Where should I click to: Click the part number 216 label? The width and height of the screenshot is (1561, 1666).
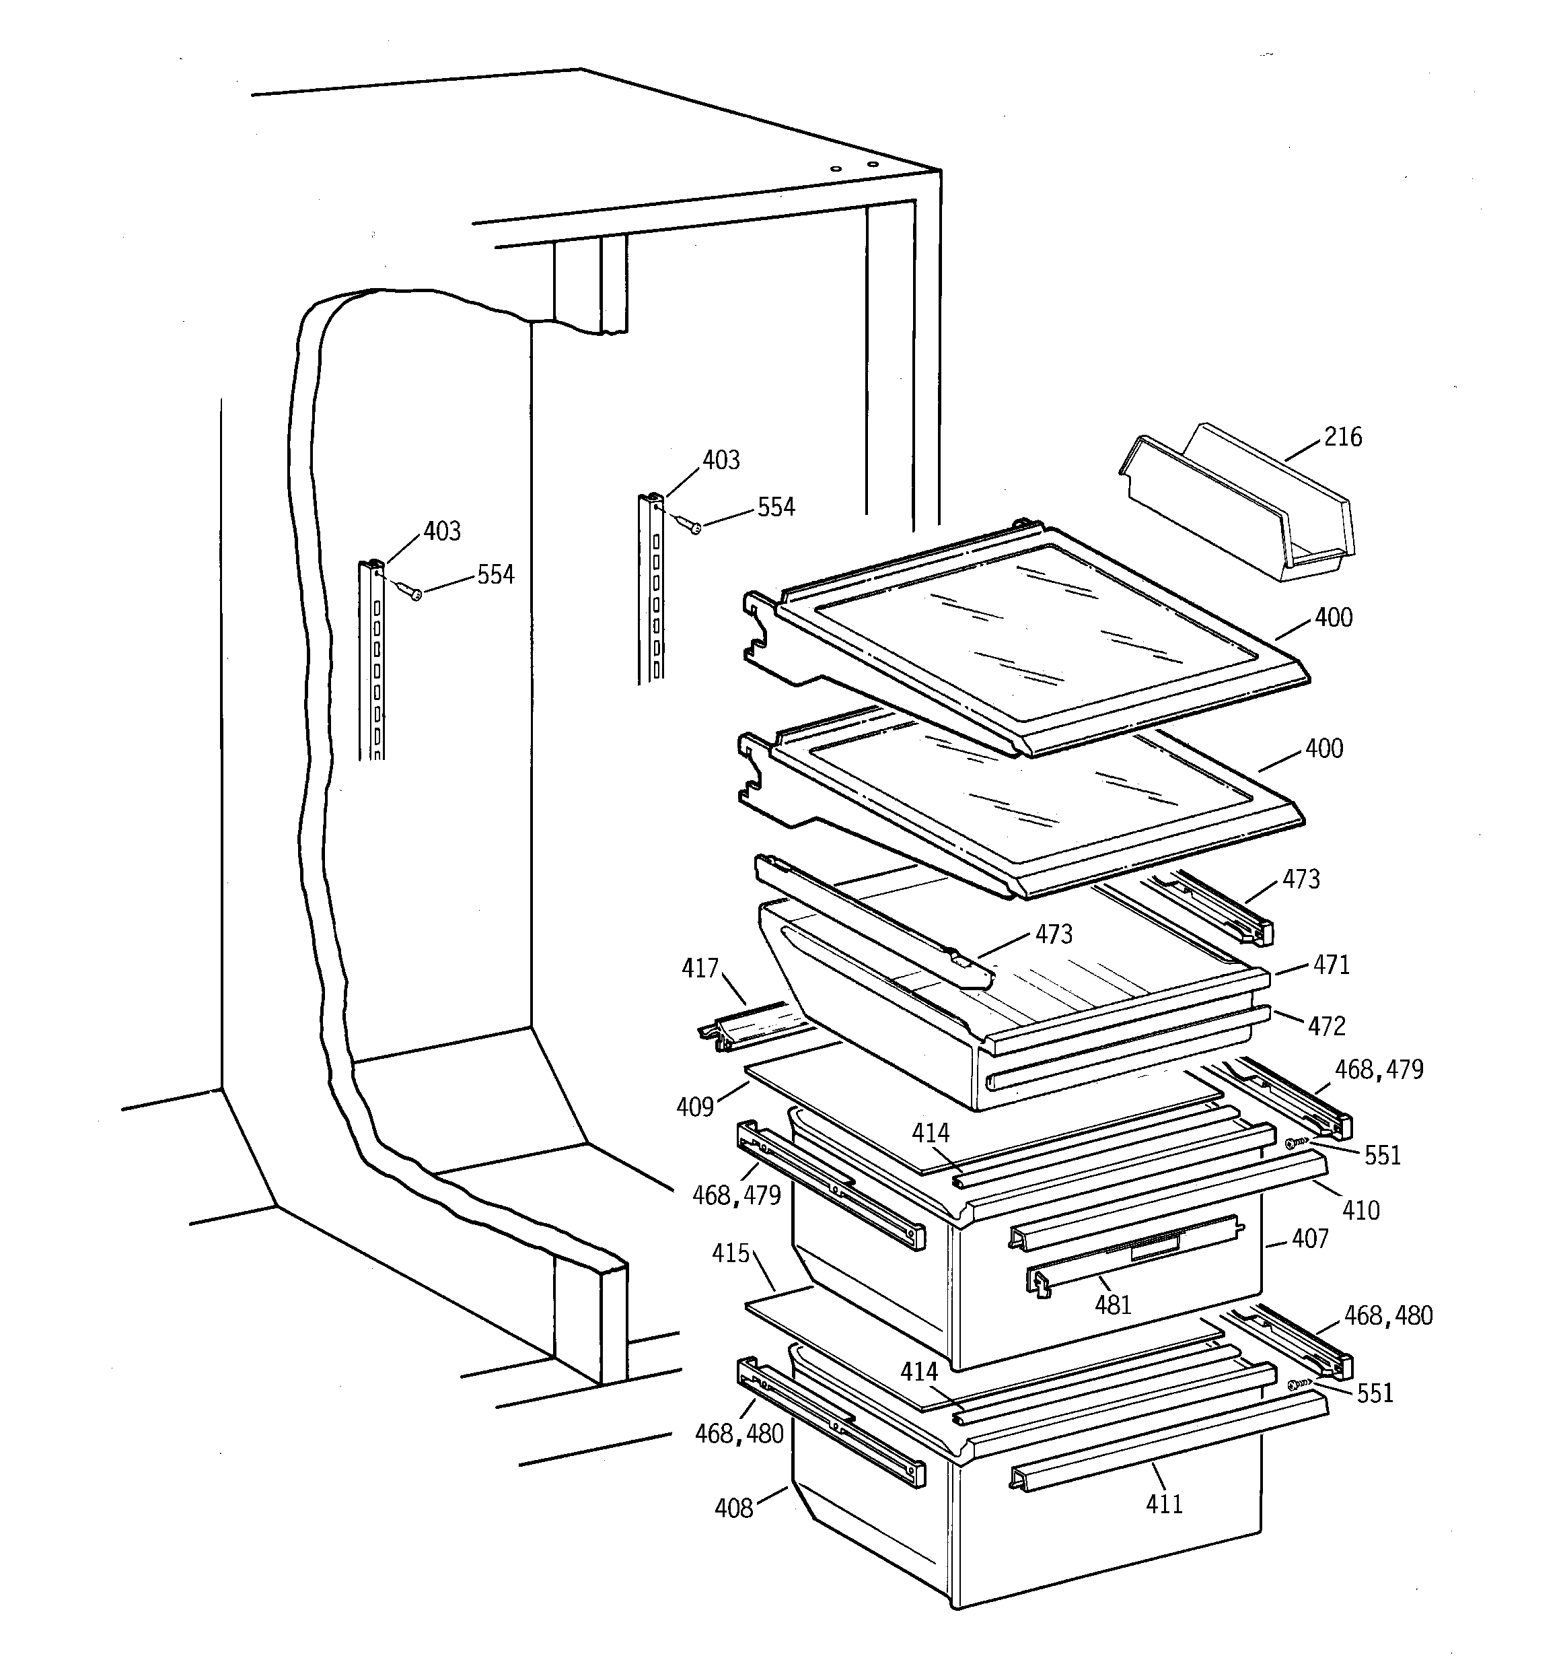tap(1342, 438)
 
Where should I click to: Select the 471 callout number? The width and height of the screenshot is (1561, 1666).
tap(1332, 965)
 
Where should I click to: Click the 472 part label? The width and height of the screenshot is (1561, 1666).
tap(1326, 1026)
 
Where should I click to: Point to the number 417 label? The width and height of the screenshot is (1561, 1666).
tap(700, 969)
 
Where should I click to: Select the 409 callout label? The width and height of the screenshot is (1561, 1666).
tap(694, 1107)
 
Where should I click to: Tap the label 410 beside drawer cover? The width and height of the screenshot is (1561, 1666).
tap(1360, 1210)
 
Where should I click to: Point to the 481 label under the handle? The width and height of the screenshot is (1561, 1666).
tap(1113, 1305)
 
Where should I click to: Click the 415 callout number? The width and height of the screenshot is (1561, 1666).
tap(730, 1253)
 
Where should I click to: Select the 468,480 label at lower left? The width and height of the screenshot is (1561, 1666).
tap(738, 1434)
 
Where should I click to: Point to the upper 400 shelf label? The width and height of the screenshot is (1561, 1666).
tap(1333, 618)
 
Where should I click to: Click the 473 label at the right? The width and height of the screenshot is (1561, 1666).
tap(1301, 879)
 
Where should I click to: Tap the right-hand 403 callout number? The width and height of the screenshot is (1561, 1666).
tap(721, 460)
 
